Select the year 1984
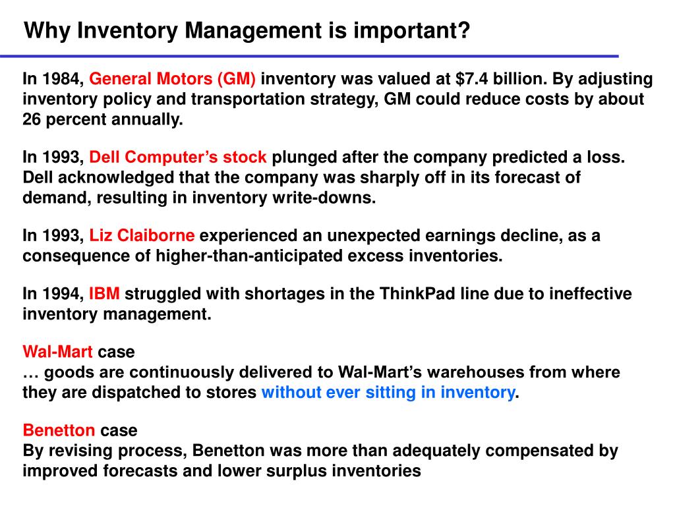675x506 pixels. click(63, 80)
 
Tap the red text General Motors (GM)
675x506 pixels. click(173, 80)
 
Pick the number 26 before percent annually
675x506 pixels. click(32, 119)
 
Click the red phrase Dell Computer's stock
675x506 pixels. click(178, 158)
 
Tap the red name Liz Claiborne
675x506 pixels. click(142, 236)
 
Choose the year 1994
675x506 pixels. click(63, 294)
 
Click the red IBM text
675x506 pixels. click(104, 294)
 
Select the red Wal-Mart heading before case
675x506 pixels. click(58, 352)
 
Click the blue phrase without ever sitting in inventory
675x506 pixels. click(388, 393)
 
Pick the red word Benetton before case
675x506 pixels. click(59, 431)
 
